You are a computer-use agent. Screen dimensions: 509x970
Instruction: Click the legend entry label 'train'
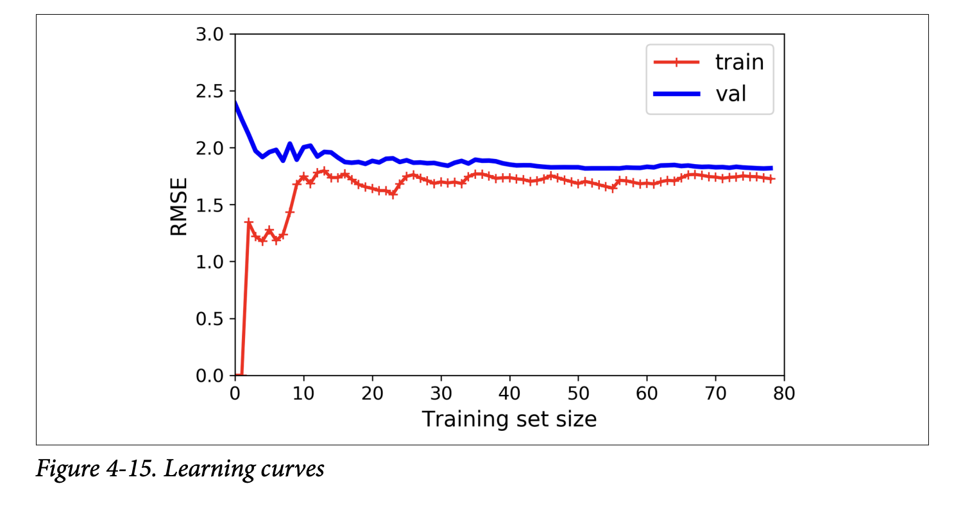tap(739, 62)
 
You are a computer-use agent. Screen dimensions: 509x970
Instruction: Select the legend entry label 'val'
tap(732, 94)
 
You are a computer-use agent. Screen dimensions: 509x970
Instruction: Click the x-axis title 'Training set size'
tap(509, 419)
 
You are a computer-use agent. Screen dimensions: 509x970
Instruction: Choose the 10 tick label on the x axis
tap(303, 393)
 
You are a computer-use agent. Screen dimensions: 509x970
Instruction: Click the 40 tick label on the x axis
tap(509, 393)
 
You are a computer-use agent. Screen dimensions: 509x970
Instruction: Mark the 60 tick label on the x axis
tap(647, 393)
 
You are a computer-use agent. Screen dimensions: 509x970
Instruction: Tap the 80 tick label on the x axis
tap(783, 393)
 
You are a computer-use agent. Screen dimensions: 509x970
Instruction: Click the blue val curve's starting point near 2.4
tap(235, 103)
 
